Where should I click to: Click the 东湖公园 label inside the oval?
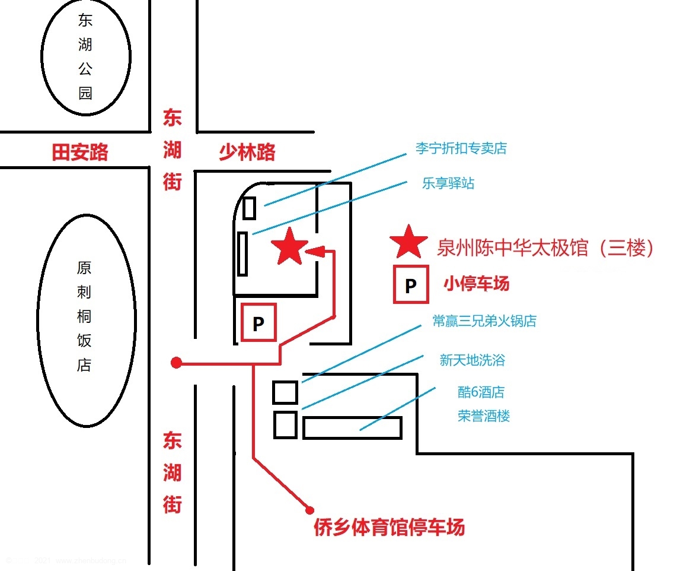click(x=85, y=58)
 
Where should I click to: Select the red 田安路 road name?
click(x=80, y=153)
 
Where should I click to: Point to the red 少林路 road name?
click(x=247, y=153)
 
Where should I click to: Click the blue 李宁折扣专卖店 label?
click(x=461, y=148)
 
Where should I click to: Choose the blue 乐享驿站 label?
click(x=448, y=183)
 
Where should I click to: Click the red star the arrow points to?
click(x=289, y=247)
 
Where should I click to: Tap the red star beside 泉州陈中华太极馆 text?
click(x=408, y=243)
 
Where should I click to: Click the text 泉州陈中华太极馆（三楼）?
click(x=546, y=248)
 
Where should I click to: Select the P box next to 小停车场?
click(x=410, y=286)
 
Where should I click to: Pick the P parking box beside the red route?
click(x=258, y=323)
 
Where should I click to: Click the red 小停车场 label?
click(x=476, y=284)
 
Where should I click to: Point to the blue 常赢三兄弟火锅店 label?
click(x=484, y=321)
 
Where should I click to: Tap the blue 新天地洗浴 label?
click(x=472, y=360)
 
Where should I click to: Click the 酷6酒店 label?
click(x=481, y=392)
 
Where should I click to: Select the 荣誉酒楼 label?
click(x=483, y=415)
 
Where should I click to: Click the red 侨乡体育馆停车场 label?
click(x=389, y=527)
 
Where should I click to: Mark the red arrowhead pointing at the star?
click(x=314, y=251)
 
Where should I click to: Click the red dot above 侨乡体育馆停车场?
click(x=309, y=509)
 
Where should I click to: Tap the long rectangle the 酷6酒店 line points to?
click(x=352, y=427)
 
